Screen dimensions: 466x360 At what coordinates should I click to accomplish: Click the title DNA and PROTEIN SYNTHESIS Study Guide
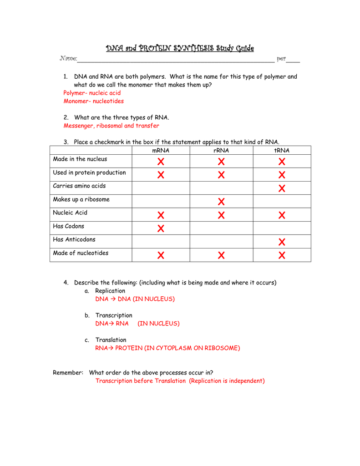point(180,48)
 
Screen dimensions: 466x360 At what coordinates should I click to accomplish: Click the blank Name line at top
point(175,59)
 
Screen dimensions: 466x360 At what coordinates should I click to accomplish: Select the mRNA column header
point(160,151)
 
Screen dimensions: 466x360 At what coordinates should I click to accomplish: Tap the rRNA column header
point(221,151)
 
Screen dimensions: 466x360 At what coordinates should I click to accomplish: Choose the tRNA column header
point(282,151)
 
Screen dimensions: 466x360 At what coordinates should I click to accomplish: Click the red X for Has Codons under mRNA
point(161,228)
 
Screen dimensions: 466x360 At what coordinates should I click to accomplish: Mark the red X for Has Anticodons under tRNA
point(282,242)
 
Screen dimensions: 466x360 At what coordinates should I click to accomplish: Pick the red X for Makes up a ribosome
point(221,202)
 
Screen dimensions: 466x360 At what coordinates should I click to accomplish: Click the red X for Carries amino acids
point(282,188)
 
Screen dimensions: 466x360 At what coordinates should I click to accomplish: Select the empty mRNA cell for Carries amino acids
point(161,188)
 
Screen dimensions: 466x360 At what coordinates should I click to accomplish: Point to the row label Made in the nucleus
point(80,159)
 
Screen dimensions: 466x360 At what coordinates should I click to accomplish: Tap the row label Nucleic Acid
point(70,213)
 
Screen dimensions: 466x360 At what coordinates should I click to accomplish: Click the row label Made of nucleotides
point(81,253)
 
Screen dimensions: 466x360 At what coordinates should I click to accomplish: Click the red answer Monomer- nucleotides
point(93,101)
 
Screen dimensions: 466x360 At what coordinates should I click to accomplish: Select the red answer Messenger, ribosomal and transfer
point(112,126)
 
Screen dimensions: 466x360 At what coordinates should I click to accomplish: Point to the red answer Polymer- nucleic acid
point(92,93)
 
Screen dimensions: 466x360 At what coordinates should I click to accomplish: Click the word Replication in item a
point(110,291)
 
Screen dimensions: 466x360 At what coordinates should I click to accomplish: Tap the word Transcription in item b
point(114,315)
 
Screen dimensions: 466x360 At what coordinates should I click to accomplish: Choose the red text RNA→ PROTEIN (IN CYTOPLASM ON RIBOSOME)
point(167,348)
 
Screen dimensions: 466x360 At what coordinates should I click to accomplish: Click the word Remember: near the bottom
point(68,373)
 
